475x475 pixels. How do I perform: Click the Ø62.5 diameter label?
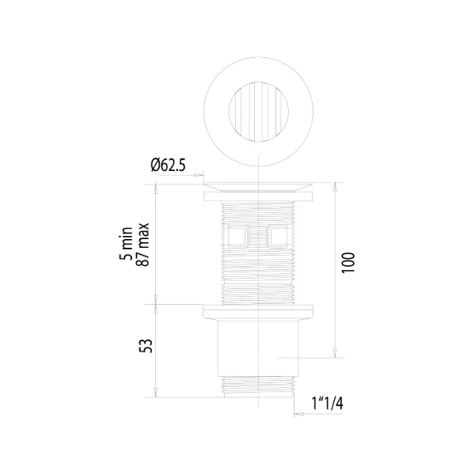pyautogui.click(x=168, y=165)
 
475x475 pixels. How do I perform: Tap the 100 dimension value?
pyautogui.click(x=348, y=263)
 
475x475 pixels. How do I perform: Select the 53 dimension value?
pyautogui.click(x=146, y=346)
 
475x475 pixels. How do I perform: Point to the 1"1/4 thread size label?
pyautogui.click(x=328, y=404)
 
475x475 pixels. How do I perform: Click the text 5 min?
pyautogui.click(x=127, y=243)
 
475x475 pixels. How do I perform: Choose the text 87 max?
pyautogui.click(x=143, y=245)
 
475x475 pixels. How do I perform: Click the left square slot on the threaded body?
pyautogui.click(x=237, y=236)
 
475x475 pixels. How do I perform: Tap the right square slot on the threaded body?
pyautogui.click(x=278, y=236)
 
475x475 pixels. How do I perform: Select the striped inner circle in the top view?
pyautogui.click(x=258, y=112)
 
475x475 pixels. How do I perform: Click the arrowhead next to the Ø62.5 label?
pyautogui.click(x=199, y=175)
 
